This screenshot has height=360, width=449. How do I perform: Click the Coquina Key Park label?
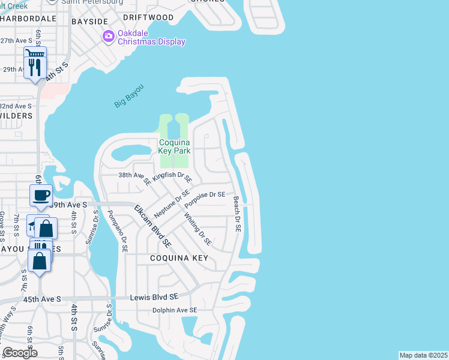pyautogui.click(x=174, y=146)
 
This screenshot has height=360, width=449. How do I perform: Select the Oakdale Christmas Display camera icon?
pyautogui.click(x=108, y=37)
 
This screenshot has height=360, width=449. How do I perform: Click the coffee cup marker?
pyautogui.click(x=41, y=195)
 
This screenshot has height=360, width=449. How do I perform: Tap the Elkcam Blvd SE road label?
pyautogui.click(x=152, y=227)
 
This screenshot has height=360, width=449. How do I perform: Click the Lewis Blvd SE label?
pyautogui.click(x=154, y=297)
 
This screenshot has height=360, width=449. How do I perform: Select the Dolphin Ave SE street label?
pyautogui.click(x=175, y=310)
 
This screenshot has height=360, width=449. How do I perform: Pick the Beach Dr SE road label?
pyautogui.click(x=237, y=214)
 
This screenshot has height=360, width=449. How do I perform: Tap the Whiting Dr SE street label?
pyautogui.click(x=197, y=229)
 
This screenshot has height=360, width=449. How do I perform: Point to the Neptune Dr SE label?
pyautogui.click(x=172, y=204)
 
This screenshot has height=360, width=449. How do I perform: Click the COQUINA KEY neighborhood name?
pyautogui.click(x=179, y=258)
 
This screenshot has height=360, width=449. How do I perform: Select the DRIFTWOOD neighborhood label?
pyautogui.click(x=148, y=17)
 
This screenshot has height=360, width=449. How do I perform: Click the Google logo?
pyautogui.click(x=20, y=353)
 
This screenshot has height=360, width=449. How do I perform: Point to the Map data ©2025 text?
pyautogui.click(x=423, y=355)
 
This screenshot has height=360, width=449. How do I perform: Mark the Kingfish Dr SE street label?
pyautogui.click(x=172, y=178)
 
